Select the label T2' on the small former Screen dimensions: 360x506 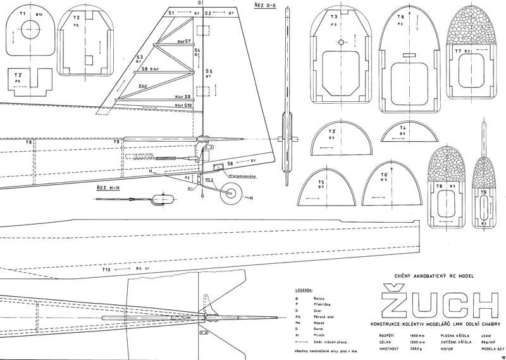pyautogui.click(x=18, y=75)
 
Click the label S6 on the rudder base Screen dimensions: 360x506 pyautogui.click(x=230, y=163)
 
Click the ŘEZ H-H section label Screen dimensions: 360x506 pyautogui.click(x=109, y=188)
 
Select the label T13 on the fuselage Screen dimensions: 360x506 pyautogui.click(x=106, y=270)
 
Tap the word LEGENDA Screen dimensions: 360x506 pyautogui.click(x=304, y=290)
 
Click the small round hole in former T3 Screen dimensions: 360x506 pyautogui.click(x=340, y=42)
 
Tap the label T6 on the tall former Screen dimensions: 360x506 pyautogui.click(x=400, y=16)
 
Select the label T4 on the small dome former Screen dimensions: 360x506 pyautogui.click(x=403, y=128)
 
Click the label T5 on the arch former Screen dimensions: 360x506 pyautogui.click(x=322, y=182)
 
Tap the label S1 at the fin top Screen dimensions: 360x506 pyautogui.click(x=170, y=13)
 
